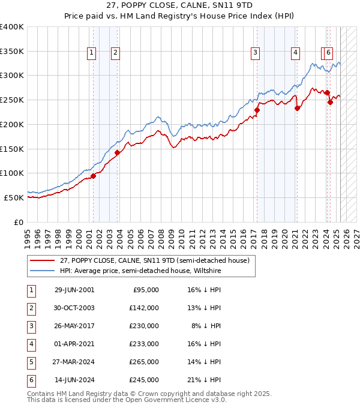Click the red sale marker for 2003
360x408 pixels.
(x=118, y=152)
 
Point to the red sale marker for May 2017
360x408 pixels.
(x=257, y=110)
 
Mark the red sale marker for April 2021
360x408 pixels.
(x=297, y=108)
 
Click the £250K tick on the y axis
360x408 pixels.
(x=11, y=100)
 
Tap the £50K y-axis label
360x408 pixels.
(x=14, y=197)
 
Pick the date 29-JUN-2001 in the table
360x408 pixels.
(x=74, y=290)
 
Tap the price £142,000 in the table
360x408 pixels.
(x=144, y=308)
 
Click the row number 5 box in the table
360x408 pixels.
(x=30, y=362)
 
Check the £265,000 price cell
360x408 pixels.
(x=144, y=362)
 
